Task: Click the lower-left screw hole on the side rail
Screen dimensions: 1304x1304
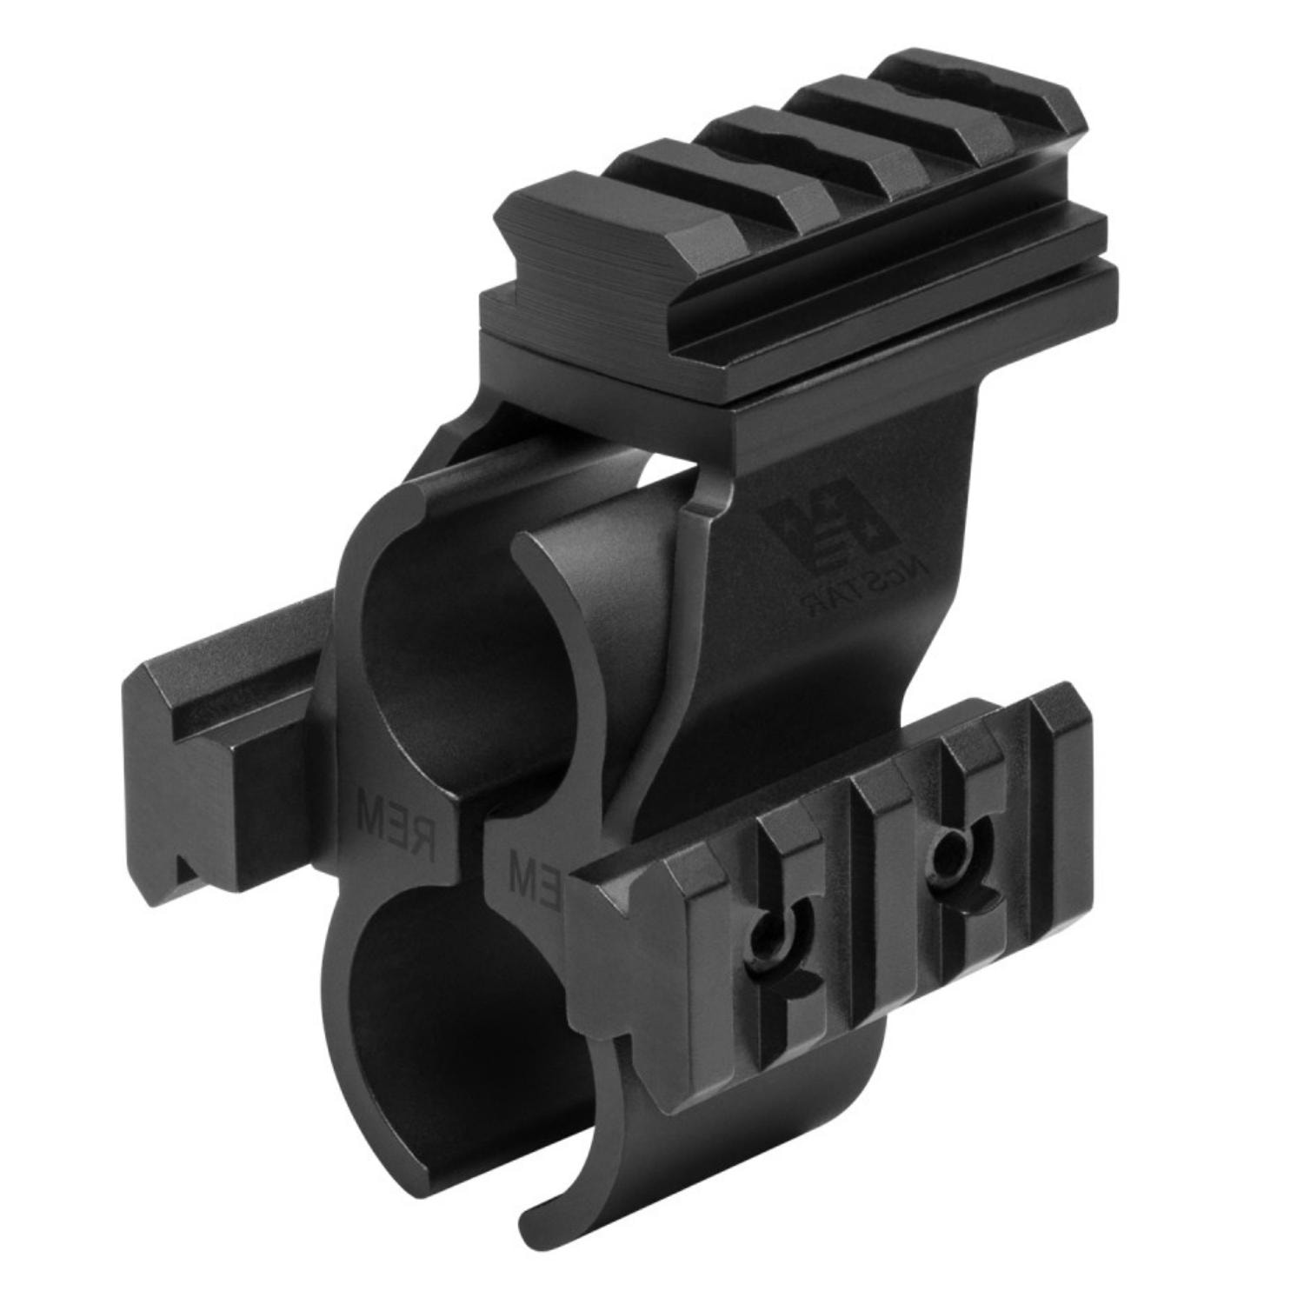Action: pos(770,935)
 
